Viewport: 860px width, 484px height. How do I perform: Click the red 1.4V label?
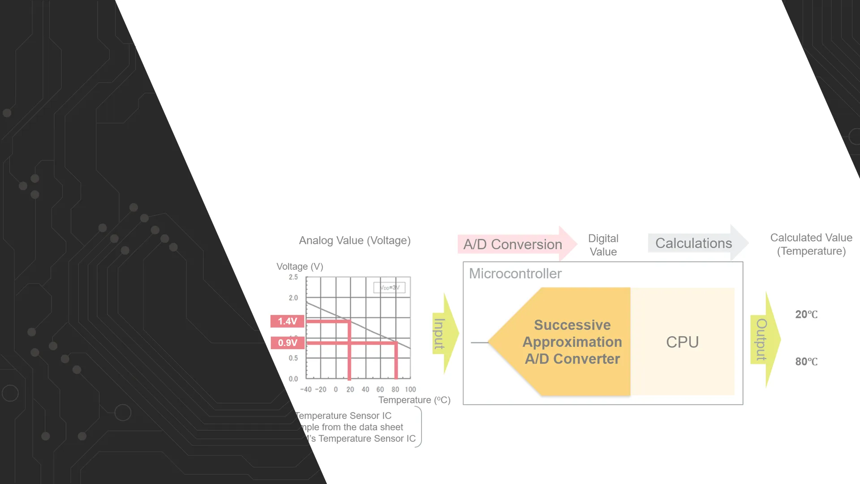pyautogui.click(x=287, y=321)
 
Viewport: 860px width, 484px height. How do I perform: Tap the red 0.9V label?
pyautogui.click(x=288, y=343)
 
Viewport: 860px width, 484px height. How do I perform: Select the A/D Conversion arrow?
pyautogui.click(x=515, y=244)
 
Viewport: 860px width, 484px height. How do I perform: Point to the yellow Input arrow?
pyautogui.click(x=443, y=334)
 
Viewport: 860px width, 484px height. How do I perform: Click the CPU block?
pyautogui.click(x=682, y=342)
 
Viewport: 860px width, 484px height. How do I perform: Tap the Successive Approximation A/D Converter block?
pyautogui.click(x=572, y=342)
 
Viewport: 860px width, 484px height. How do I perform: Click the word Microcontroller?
pyautogui.click(x=515, y=273)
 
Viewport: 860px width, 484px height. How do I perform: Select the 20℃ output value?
pyautogui.click(x=806, y=315)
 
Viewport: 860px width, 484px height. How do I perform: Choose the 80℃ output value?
pyautogui.click(x=806, y=362)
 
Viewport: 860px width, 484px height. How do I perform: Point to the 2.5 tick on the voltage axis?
pyautogui.click(x=293, y=277)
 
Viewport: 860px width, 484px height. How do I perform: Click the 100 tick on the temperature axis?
pyautogui.click(x=410, y=389)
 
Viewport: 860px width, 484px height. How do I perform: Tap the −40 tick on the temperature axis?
pyautogui.click(x=306, y=389)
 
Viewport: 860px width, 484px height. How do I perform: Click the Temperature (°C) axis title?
pyautogui.click(x=414, y=400)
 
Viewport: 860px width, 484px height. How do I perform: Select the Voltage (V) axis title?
pyautogui.click(x=300, y=267)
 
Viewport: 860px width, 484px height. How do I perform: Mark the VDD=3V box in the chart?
pyautogui.click(x=389, y=288)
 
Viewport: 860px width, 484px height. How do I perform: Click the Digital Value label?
pyautogui.click(x=603, y=245)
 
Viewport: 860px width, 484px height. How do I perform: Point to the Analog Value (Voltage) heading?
pyautogui.click(x=355, y=241)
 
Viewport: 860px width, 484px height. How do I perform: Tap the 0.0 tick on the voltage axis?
pyautogui.click(x=293, y=379)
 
